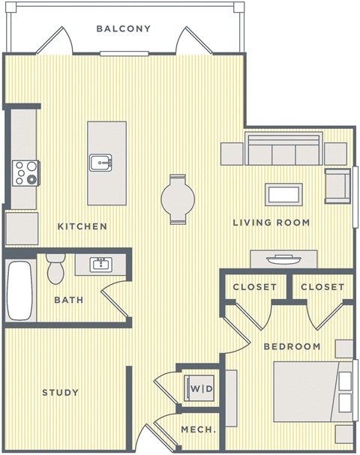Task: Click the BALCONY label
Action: (124, 29)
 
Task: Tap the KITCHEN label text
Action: (82, 226)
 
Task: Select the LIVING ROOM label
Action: (271, 223)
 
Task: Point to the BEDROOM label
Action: (292, 346)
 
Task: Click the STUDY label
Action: (60, 393)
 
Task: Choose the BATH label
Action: (68, 300)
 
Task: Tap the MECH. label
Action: (198, 430)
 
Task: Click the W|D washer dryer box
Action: (199, 389)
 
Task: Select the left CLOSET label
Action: (254, 287)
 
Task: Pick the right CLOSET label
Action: (322, 287)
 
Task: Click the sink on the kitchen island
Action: (100, 162)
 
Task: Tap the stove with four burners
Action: (25, 173)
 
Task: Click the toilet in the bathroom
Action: (55, 270)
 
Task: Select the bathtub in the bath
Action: (19, 290)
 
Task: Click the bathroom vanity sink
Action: (100, 264)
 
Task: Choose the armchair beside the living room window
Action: (337, 184)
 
